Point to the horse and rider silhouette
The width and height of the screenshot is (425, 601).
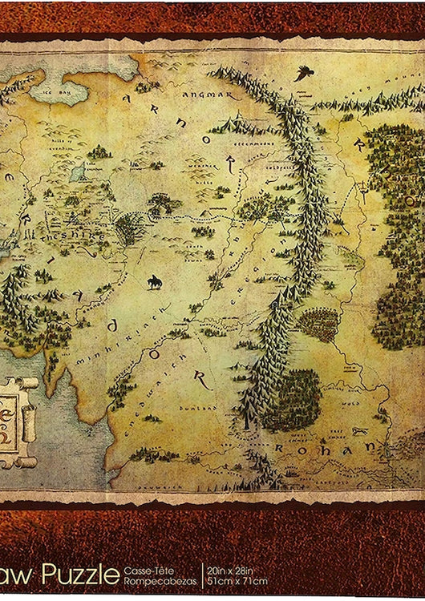[153, 282]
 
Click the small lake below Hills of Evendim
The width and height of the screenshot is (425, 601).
[77, 171]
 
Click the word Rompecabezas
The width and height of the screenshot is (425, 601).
[154, 581]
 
